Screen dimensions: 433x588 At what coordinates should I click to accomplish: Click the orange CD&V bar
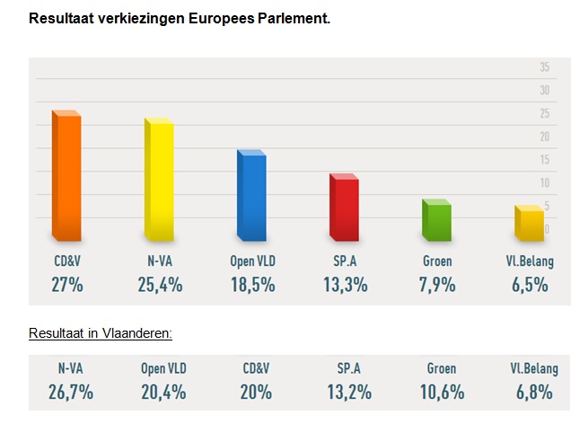click(67, 176)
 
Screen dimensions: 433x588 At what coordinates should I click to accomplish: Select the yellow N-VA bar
click(159, 180)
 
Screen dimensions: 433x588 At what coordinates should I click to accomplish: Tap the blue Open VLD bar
click(251, 195)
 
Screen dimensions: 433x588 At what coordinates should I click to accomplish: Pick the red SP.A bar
click(344, 208)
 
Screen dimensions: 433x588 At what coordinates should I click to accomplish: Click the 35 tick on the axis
click(544, 67)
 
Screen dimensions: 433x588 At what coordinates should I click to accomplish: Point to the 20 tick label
click(544, 137)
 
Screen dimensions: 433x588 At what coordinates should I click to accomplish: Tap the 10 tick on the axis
click(544, 182)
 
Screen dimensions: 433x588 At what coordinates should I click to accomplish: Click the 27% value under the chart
click(68, 285)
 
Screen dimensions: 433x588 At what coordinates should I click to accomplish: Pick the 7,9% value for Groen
click(437, 285)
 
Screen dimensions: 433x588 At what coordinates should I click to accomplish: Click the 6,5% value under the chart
click(530, 285)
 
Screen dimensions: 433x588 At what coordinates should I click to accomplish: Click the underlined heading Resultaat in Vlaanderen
click(100, 332)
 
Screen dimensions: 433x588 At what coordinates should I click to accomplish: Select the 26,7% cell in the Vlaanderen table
click(71, 392)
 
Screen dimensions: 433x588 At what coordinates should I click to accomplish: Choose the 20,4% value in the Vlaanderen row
click(163, 392)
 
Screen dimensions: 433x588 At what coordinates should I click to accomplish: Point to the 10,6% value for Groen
click(439, 392)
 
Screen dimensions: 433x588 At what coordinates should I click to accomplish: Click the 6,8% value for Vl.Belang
click(533, 392)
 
